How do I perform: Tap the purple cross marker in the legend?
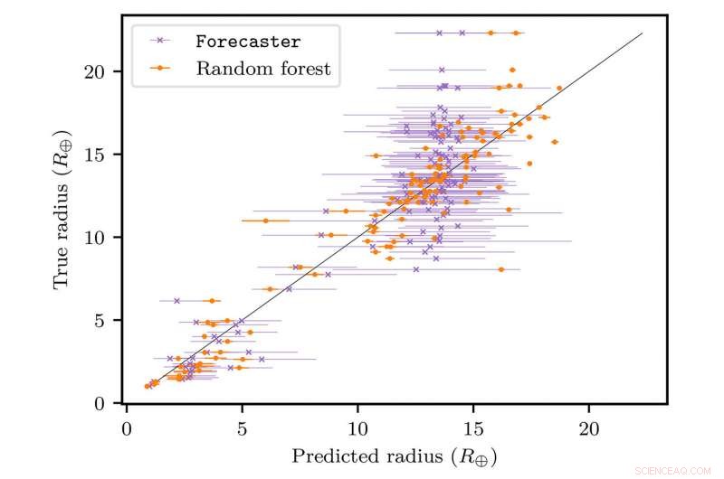point(160,42)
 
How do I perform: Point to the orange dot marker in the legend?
point(160,68)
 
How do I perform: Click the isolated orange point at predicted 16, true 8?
point(501,269)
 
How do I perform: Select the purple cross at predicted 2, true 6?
point(176,301)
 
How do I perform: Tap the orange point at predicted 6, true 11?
point(265,221)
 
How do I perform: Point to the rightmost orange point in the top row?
point(516,33)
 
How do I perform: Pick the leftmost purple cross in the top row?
point(439,33)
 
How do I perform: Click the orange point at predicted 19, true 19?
point(559,89)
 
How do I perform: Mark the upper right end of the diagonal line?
point(642,33)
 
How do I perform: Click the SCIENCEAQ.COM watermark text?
point(674,470)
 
